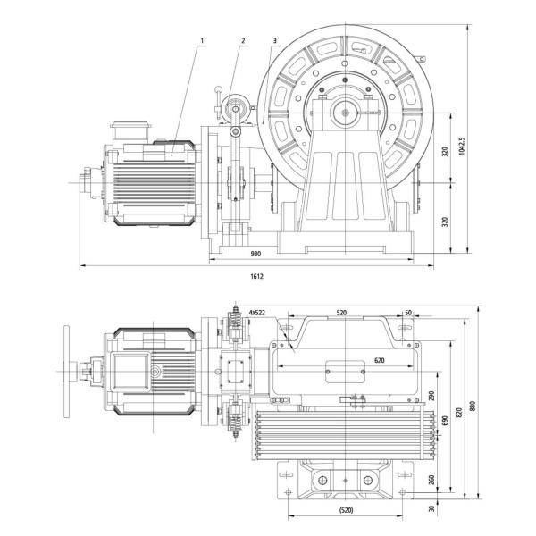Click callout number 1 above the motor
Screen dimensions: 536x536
pos(205,41)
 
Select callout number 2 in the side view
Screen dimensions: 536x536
pos(242,41)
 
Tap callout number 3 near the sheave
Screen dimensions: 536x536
pos(276,41)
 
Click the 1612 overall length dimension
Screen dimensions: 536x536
pos(256,276)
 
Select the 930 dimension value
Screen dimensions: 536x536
pos(257,254)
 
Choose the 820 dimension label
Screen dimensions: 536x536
pos(459,413)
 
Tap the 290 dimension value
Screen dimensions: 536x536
pos(432,396)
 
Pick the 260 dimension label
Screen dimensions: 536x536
pos(432,481)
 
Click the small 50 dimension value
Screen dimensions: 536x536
pos(407,314)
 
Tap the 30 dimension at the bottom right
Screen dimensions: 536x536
pos(433,509)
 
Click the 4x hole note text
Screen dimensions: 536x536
pos(258,314)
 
